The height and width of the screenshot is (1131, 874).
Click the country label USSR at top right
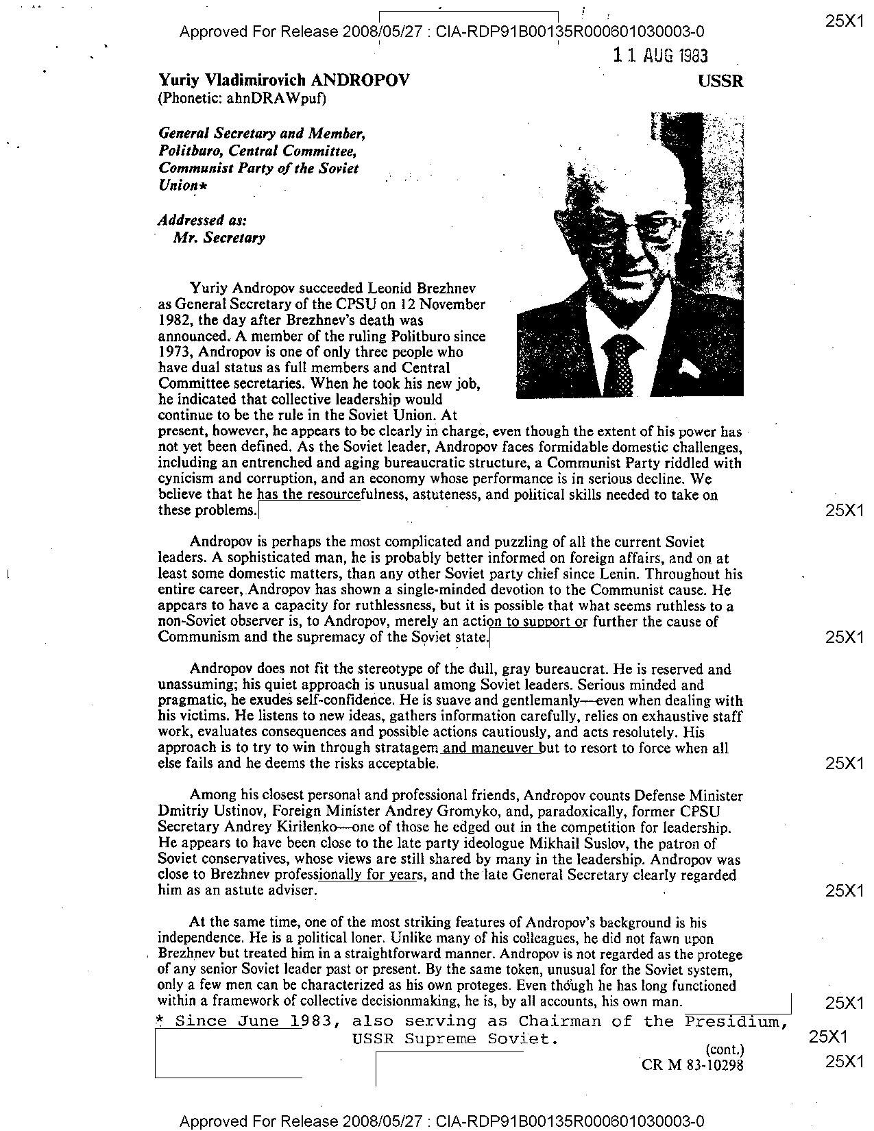pos(720,82)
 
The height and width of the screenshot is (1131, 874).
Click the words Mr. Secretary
pos(219,238)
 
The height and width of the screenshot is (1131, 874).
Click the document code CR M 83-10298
pos(692,1065)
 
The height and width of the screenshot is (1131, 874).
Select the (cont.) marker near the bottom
pos(724,1049)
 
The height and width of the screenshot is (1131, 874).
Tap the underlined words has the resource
pos(308,495)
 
